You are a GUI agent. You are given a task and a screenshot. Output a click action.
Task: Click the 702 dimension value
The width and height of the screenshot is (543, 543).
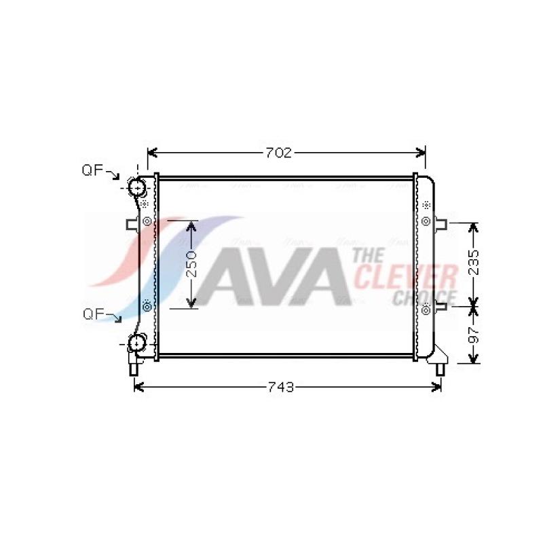tap(278, 153)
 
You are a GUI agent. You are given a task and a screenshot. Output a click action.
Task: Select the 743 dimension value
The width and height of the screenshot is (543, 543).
tap(281, 387)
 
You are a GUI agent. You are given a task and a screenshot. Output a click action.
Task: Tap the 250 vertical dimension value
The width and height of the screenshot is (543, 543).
tap(191, 264)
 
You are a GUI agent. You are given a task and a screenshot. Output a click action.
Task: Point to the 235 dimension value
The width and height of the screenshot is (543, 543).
tap(473, 262)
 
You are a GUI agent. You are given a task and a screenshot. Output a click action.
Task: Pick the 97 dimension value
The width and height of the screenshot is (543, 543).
tap(473, 334)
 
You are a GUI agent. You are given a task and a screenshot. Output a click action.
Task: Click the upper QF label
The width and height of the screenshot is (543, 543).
tap(92, 170)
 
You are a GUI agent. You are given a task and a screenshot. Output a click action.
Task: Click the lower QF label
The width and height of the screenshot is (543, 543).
tap(94, 314)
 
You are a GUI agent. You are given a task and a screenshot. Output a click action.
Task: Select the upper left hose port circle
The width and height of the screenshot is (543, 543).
tap(138, 187)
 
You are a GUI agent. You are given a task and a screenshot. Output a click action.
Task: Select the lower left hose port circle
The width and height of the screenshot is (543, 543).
tap(137, 343)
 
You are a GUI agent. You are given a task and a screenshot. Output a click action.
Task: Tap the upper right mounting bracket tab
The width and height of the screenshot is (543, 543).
tap(441, 223)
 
